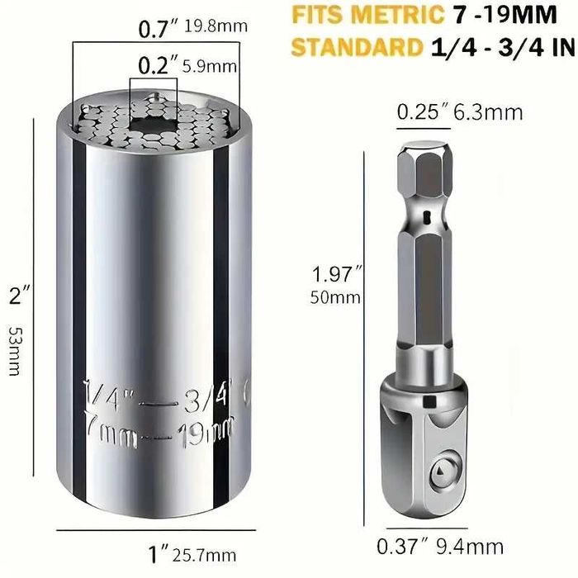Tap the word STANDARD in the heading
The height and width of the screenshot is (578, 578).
(x=354, y=47)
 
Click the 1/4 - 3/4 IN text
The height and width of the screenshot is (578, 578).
(x=501, y=47)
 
